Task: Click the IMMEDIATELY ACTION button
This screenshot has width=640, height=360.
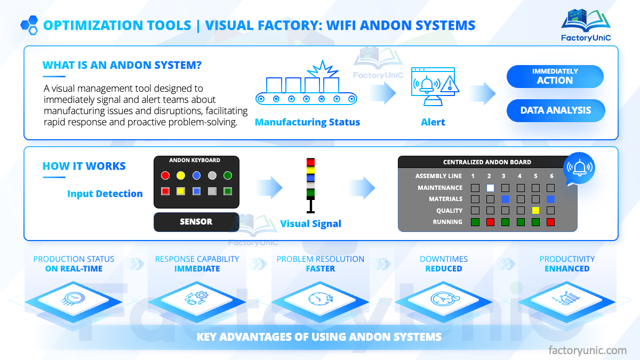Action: click(x=555, y=76)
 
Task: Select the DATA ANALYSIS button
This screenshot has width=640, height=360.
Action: click(x=556, y=110)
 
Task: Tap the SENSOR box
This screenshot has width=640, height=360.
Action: click(x=196, y=222)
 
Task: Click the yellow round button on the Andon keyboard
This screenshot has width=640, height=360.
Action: click(x=181, y=175)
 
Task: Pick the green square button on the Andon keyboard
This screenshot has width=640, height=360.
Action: click(x=228, y=191)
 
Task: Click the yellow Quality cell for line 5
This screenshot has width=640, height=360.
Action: click(x=535, y=211)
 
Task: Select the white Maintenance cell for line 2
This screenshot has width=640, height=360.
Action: click(x=490, y=188)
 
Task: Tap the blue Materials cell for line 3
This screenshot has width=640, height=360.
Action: click(x=505, y=199)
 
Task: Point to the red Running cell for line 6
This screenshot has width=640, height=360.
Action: click(x=551, y=222)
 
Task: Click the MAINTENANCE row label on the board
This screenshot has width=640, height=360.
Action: click(x=440, y=188)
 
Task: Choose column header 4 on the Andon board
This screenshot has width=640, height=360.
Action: click(x=520, y=176)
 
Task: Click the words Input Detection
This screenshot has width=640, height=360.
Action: click(x=105, y=194)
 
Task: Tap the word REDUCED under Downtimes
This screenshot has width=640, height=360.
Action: click(x=444, y=269)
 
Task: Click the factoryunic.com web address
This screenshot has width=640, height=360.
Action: click(x=588, y=350)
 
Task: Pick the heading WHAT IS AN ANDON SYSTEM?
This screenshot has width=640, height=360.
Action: click(x=122, y=66)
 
